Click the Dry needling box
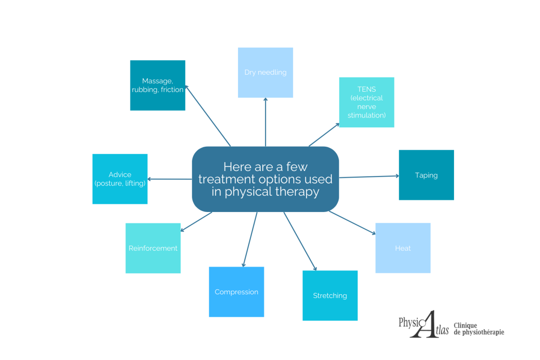(265, 72)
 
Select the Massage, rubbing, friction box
(157, 85)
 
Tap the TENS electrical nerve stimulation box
(366, 102)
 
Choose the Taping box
(426, 175)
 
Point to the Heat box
(403, 248)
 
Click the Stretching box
(330, 296)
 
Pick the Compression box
(236, 292)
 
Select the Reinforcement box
(153, 248)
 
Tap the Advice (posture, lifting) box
(120, 179)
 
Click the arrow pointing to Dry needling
(265, 121)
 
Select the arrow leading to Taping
(369, 176)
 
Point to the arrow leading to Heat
(352, 223)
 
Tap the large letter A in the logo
(423, 324)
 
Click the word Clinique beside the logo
(465, 325)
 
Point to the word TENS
(366, 89)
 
